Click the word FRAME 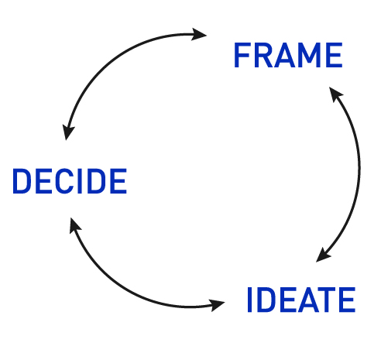click(x=287, y=56)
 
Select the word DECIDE click(x=69, y=181)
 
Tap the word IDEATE click(x=300, y=300)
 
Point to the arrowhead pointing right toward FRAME click(x=200, y=34)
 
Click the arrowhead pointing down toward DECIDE click(x=69, y=132)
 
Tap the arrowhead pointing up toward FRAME click(x=335, y=94)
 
